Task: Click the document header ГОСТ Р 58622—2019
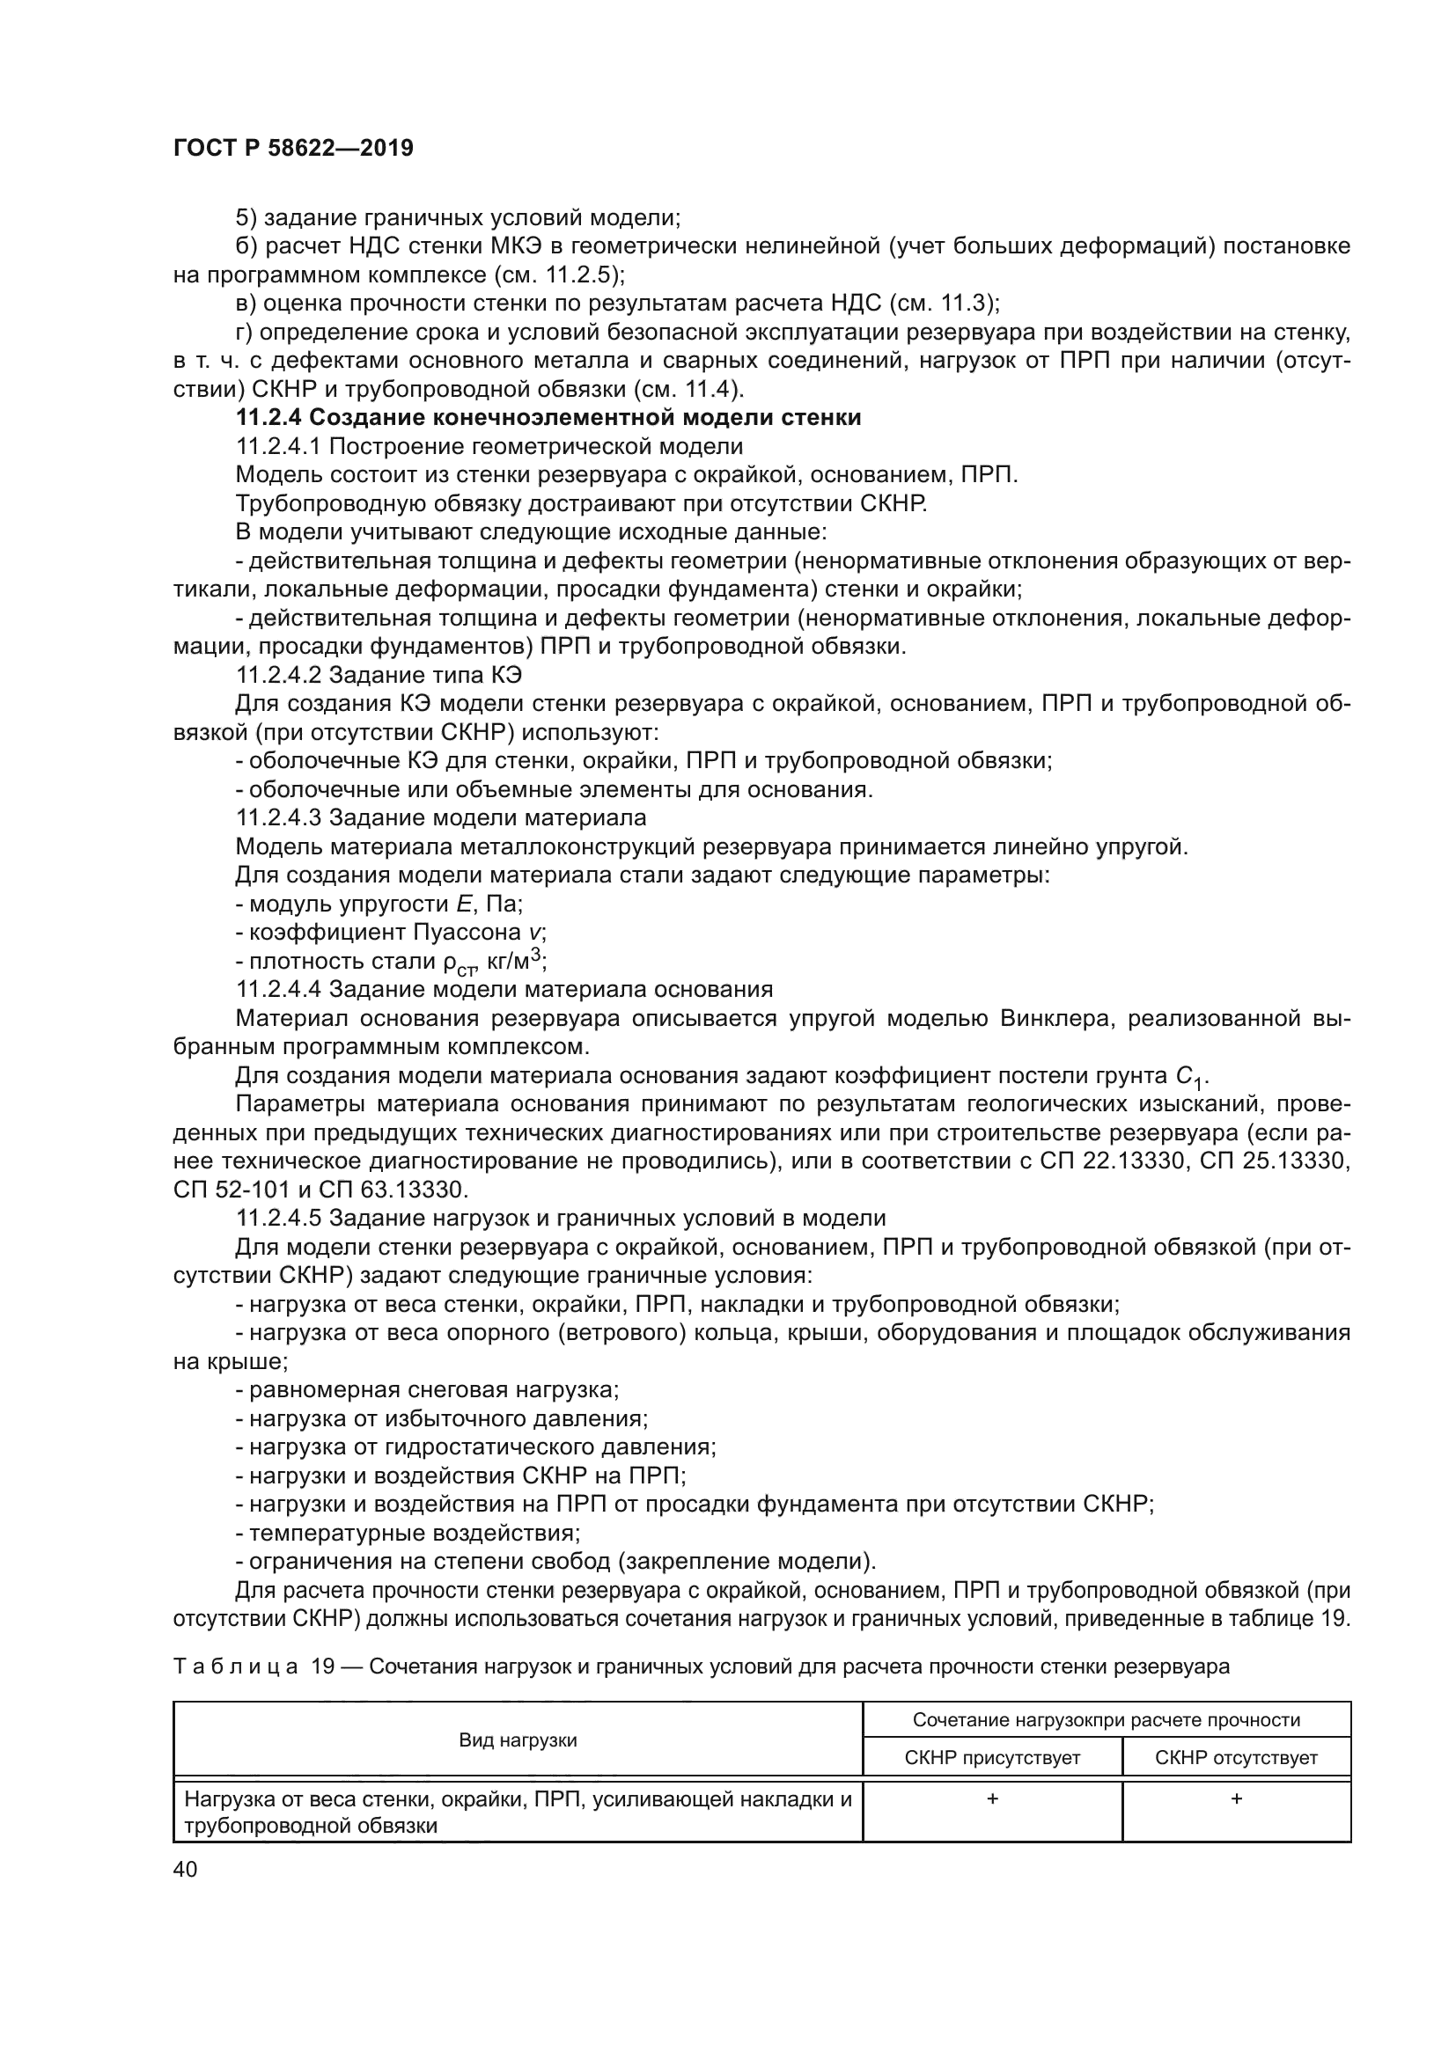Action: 293,148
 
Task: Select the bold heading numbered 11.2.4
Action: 548,418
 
